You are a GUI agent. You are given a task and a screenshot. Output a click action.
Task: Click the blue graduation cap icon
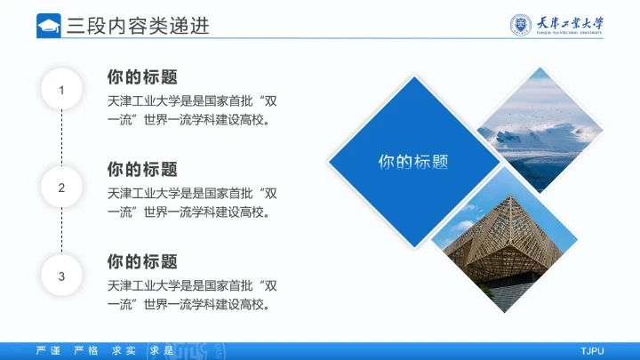tap(49, 26)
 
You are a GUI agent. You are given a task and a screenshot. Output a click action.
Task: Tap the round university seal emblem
tap(521, 25)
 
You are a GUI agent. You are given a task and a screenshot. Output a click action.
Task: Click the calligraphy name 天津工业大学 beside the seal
tap(570, 24)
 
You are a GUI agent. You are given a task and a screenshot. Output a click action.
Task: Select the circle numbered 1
tap(61, 90)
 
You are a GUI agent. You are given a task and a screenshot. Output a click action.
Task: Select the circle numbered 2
tap(61, 188)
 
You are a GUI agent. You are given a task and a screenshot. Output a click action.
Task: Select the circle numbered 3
tap(61, 276)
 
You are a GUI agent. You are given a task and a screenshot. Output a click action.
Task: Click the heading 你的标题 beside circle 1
tap(142, 76)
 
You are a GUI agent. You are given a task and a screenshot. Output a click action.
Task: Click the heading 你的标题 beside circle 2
tap(142, 169)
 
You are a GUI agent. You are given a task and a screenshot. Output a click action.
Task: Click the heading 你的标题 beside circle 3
tap(142, 262)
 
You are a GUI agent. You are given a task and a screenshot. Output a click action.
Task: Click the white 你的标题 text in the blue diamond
tap(413, 162)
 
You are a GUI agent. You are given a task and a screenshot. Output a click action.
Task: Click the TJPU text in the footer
tap(592, 350)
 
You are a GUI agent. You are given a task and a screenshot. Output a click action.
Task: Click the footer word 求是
tap(159, 350)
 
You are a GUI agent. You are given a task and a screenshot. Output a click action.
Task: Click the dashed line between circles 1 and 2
tap(61, 139)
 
